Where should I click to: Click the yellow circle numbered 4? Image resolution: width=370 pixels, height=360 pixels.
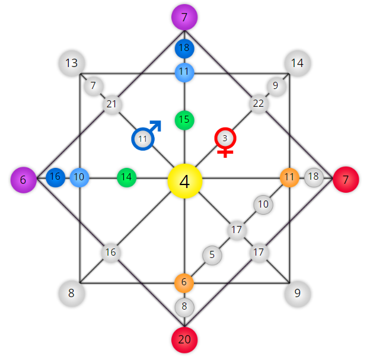pos(185,181)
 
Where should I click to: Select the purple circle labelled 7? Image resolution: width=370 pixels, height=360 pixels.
pos(184,17)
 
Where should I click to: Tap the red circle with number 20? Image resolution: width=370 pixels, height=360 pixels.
pos(184,340)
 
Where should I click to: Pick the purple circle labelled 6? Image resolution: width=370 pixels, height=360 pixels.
pos(24,180)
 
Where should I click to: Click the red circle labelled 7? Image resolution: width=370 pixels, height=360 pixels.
pos(346,180)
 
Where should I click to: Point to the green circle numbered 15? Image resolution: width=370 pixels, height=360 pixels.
pos(184,120)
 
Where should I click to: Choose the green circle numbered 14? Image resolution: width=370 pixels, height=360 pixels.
pos(127,177)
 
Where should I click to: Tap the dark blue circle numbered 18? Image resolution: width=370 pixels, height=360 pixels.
pos(184,49)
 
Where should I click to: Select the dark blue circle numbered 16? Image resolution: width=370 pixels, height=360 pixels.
pos(56,177)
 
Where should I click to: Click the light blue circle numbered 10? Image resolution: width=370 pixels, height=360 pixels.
pos(79,177)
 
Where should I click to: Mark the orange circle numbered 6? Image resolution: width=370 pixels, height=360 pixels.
pos(184,283)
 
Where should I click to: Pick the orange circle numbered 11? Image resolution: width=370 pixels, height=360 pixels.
pos(289,177)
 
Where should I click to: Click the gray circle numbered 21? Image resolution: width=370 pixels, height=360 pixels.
pos(112,104)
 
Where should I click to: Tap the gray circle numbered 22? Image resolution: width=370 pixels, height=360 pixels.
pos(259,104)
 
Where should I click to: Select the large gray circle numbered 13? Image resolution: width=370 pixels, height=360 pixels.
pos(72,63)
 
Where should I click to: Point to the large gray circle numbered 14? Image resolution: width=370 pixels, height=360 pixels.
pos(298,63)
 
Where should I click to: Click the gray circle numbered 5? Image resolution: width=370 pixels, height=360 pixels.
pos(212,255)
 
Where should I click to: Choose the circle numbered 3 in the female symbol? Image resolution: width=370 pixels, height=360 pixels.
pos(225,138)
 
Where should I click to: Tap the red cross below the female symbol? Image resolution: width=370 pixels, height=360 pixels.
pos(225,152)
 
